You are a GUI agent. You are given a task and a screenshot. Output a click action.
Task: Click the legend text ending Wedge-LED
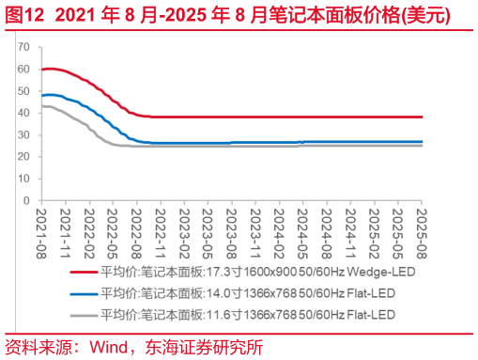[x=257, y=272]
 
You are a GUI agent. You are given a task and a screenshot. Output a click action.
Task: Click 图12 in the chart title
[x=23, y=16]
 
